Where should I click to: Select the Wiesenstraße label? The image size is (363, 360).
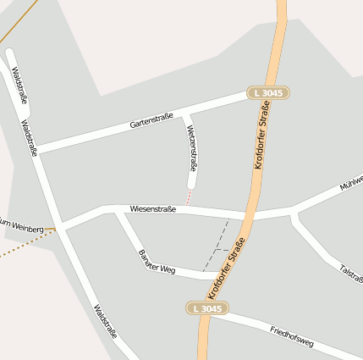tap(153, 208)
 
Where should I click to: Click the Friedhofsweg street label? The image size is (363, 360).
tap(292, 336)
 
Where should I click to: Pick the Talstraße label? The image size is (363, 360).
tap(350, 272)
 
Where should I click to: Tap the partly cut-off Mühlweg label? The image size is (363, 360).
tap(350, 183)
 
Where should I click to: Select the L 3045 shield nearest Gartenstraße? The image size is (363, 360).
tap(268, 92)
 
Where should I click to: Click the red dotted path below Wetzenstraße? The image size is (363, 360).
tap(188, 196)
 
